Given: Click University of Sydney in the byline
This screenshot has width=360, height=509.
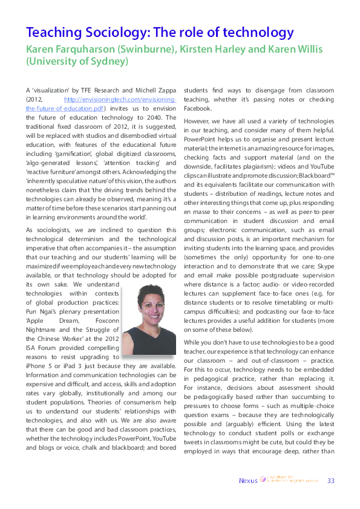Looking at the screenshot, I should point(77,61).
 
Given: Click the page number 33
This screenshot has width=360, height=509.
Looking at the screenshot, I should point(330,481).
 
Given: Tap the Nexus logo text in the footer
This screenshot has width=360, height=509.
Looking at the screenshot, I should point(247,481).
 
